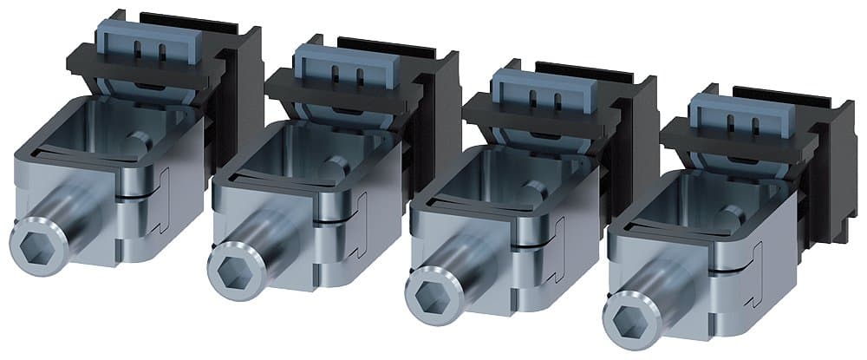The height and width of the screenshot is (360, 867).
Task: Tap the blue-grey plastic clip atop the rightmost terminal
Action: tap(729, 115)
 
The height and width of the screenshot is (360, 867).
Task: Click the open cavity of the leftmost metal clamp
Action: tap(117, 130)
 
